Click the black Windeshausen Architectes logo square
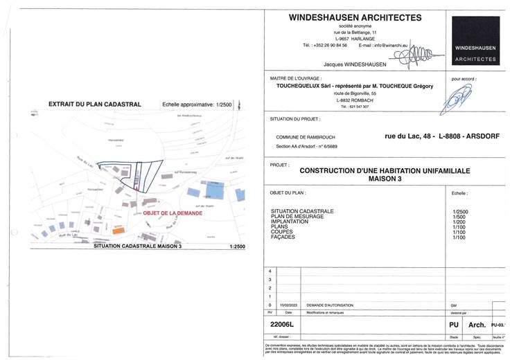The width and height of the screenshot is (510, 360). coord(475,41)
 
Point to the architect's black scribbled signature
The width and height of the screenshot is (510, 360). coord(412,53)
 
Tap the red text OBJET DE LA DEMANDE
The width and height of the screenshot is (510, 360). coord(173,213)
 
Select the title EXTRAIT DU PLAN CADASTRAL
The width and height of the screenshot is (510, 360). coord(95,105)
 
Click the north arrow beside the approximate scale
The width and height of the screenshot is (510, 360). coord(240,105)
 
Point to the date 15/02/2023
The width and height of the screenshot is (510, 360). coord(288,305)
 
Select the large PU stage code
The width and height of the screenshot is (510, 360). coord(455,324)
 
